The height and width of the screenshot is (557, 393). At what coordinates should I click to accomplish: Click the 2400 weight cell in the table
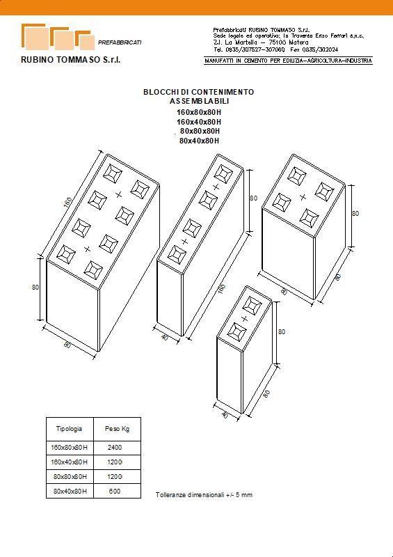pyautogui.click(x=115, y=447)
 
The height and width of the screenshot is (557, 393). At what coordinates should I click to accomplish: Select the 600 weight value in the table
pyautogui.click(x=115, y=492)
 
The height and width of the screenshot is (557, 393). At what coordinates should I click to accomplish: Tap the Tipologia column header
pyautogui.click(x=70, y=429)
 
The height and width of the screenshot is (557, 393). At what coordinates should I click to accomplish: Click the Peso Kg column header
pyautogui.click(x=117, y=429)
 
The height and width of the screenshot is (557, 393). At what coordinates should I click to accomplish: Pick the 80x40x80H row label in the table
pyautogui.click(x=70, y=492)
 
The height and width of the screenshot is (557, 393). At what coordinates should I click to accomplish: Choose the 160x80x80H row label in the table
pyautogui.click(x=70, y=447)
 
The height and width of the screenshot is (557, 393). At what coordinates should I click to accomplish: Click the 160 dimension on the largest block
pyautogui.click(x=67, y=203)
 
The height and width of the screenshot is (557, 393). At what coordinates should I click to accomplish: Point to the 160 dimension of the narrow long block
pyautogui.click(x=221, y=290)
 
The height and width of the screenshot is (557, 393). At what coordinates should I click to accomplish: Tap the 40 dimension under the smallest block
pyautogui.click(x=225, y=415)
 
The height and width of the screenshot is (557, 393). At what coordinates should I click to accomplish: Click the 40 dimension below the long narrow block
pyautogui.click(x=164, y=337)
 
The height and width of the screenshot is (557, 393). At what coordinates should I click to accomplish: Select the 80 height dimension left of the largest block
pyautogui.click(x=35, y=287)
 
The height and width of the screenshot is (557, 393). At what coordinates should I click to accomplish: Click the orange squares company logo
pyautogui.click(x=58, y=37)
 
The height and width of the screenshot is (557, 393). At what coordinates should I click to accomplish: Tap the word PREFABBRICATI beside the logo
pyautogui.click(x=120, y=42)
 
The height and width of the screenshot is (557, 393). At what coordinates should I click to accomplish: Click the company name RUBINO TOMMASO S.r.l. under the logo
pyautogui.click(x=71, y=60)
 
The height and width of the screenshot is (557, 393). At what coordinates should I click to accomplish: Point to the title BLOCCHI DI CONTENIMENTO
pyautogui.click(x=199, y=92)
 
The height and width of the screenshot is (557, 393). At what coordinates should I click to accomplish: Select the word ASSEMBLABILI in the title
pyautogui.click(x=199, y=101)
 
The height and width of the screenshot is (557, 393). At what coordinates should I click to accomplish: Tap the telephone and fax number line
pyautogui.click(x=275, y=49)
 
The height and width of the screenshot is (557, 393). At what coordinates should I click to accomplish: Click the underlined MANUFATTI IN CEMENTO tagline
pyautogui.click(x=288, y=61)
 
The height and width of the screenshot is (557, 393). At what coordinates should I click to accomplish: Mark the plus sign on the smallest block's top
pyautogui.click(x=244, y=319)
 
